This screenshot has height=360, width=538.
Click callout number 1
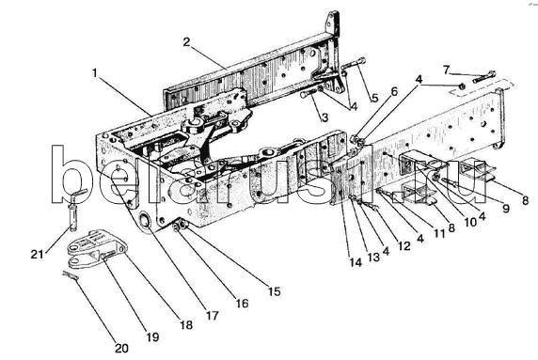(95, 72)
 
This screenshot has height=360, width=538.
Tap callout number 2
(186, 42)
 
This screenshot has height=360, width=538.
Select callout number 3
(324, 117)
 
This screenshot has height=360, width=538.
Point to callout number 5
(374, 98)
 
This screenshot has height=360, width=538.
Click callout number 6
(394, 91)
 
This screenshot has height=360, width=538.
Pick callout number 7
(446, 70)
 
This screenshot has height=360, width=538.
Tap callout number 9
(506, 208)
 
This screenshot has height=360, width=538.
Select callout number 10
(470, 222)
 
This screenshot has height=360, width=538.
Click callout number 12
(403, 245)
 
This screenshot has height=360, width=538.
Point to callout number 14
(356, 262)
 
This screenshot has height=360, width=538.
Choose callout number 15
(275, 291)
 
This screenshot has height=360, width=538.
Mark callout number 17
(213, 315)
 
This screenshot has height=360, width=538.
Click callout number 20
(121, 349)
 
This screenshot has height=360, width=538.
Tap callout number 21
(38, 255)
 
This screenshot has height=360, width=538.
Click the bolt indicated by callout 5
(354, 64)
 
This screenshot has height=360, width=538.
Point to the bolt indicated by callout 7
(484, 76)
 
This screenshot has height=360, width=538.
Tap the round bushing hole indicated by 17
(146, 220)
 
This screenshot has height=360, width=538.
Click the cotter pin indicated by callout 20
(71, 275)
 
